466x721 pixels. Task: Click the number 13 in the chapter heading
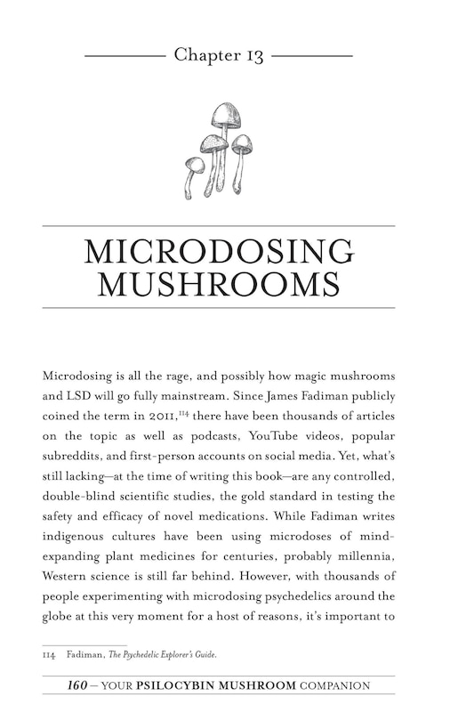click(x=252, y=55)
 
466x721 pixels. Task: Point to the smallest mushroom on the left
click(x=193, y=166)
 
